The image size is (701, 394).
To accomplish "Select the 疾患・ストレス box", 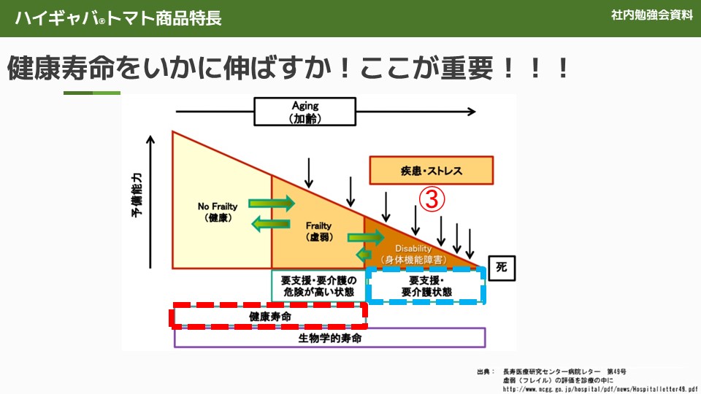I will (x=431, y=171).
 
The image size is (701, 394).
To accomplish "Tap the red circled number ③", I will (x=431, y=198).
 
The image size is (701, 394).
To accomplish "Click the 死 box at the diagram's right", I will (x=501, y=267).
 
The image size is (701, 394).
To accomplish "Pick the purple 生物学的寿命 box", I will (x=329, y=338).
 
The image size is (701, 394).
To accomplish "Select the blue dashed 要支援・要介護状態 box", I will (x=426, y=286).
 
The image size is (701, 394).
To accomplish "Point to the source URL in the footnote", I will (x=600, y=389).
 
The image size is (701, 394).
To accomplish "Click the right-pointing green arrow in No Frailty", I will (x=271, y=202).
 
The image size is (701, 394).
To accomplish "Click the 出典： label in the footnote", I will (x=486, y=371).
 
